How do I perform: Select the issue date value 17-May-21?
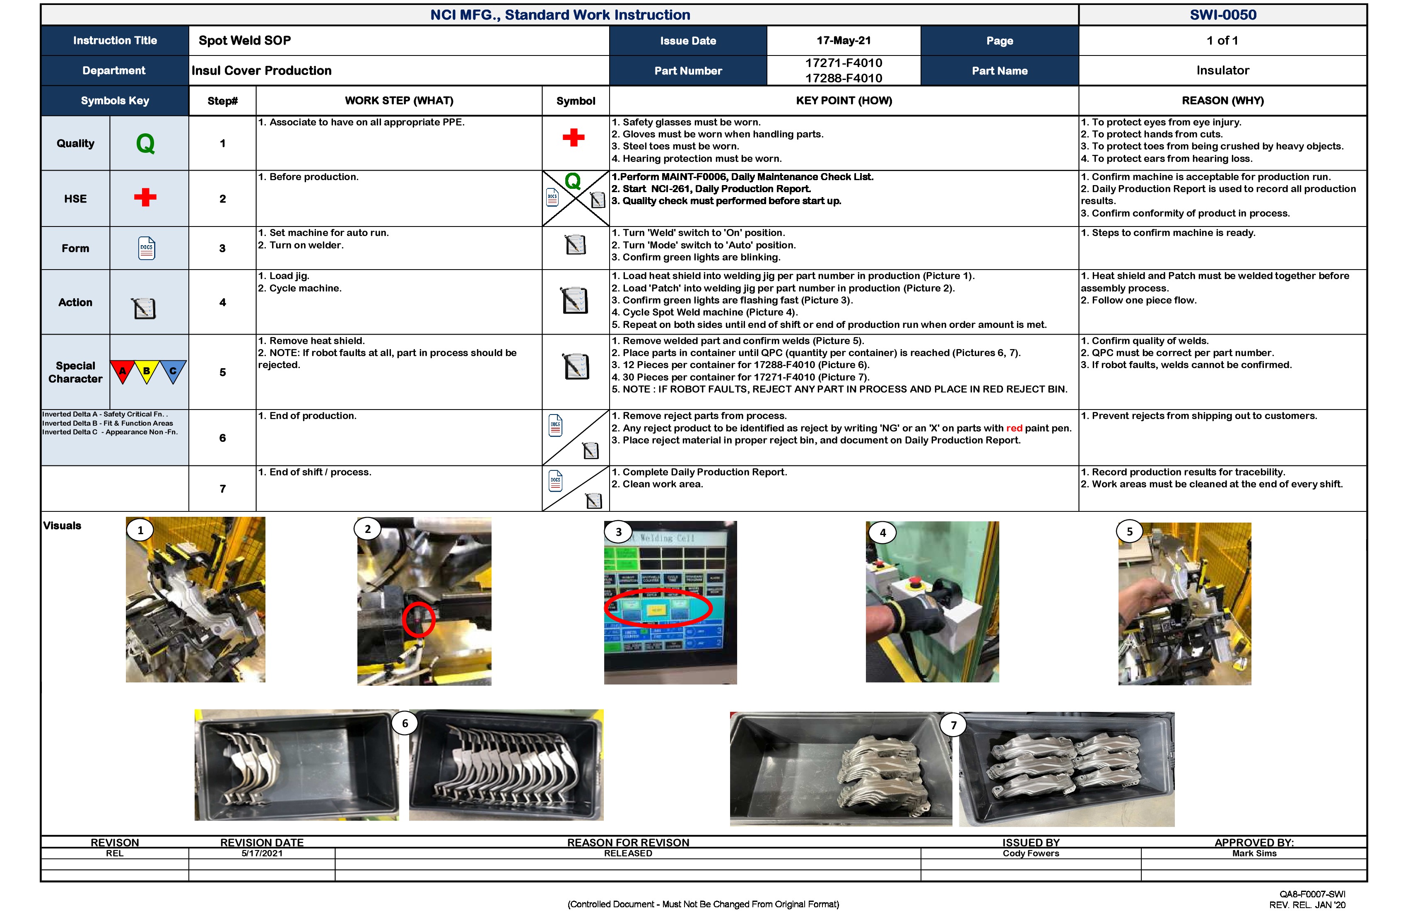[843, 40]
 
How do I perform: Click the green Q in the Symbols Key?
[145, 144]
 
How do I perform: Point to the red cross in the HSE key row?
[145, 198]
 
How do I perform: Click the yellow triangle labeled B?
[146, 371]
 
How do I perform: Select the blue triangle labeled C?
[173, 371]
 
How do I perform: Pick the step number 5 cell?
[222, 372]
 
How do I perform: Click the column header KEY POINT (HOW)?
[844, 101]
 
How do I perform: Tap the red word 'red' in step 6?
[1014, 428]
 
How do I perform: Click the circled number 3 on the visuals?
[618, 532]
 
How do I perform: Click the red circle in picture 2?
[419, 619]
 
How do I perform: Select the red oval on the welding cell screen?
[658, 607]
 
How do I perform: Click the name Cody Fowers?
[1031, 853]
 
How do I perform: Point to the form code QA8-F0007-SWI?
[1312, 894]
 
